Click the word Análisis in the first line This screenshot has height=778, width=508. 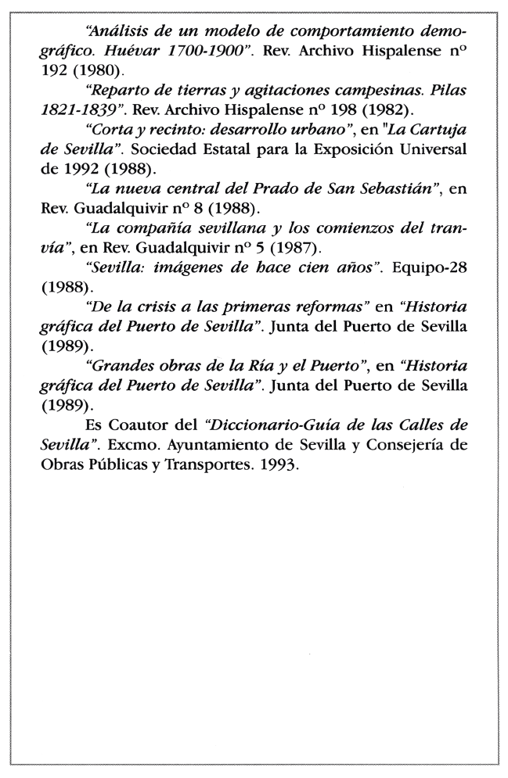[114, 32]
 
